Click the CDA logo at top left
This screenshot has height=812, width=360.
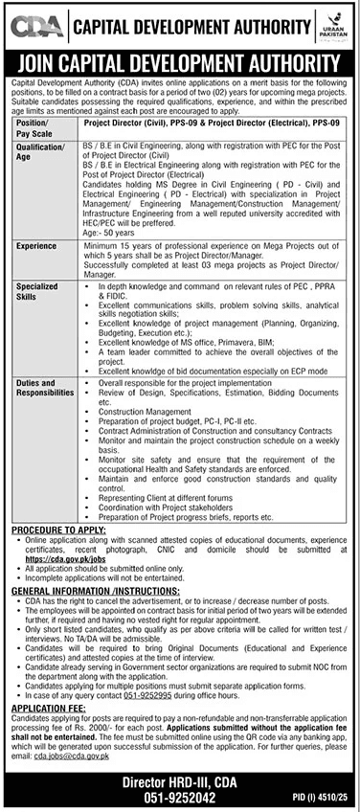point(35,24)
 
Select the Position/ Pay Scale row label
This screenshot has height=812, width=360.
point(34,127)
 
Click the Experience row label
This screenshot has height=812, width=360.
point(36,246)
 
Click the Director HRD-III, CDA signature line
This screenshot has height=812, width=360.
point(180,779)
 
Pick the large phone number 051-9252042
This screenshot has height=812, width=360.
point(180,796)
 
